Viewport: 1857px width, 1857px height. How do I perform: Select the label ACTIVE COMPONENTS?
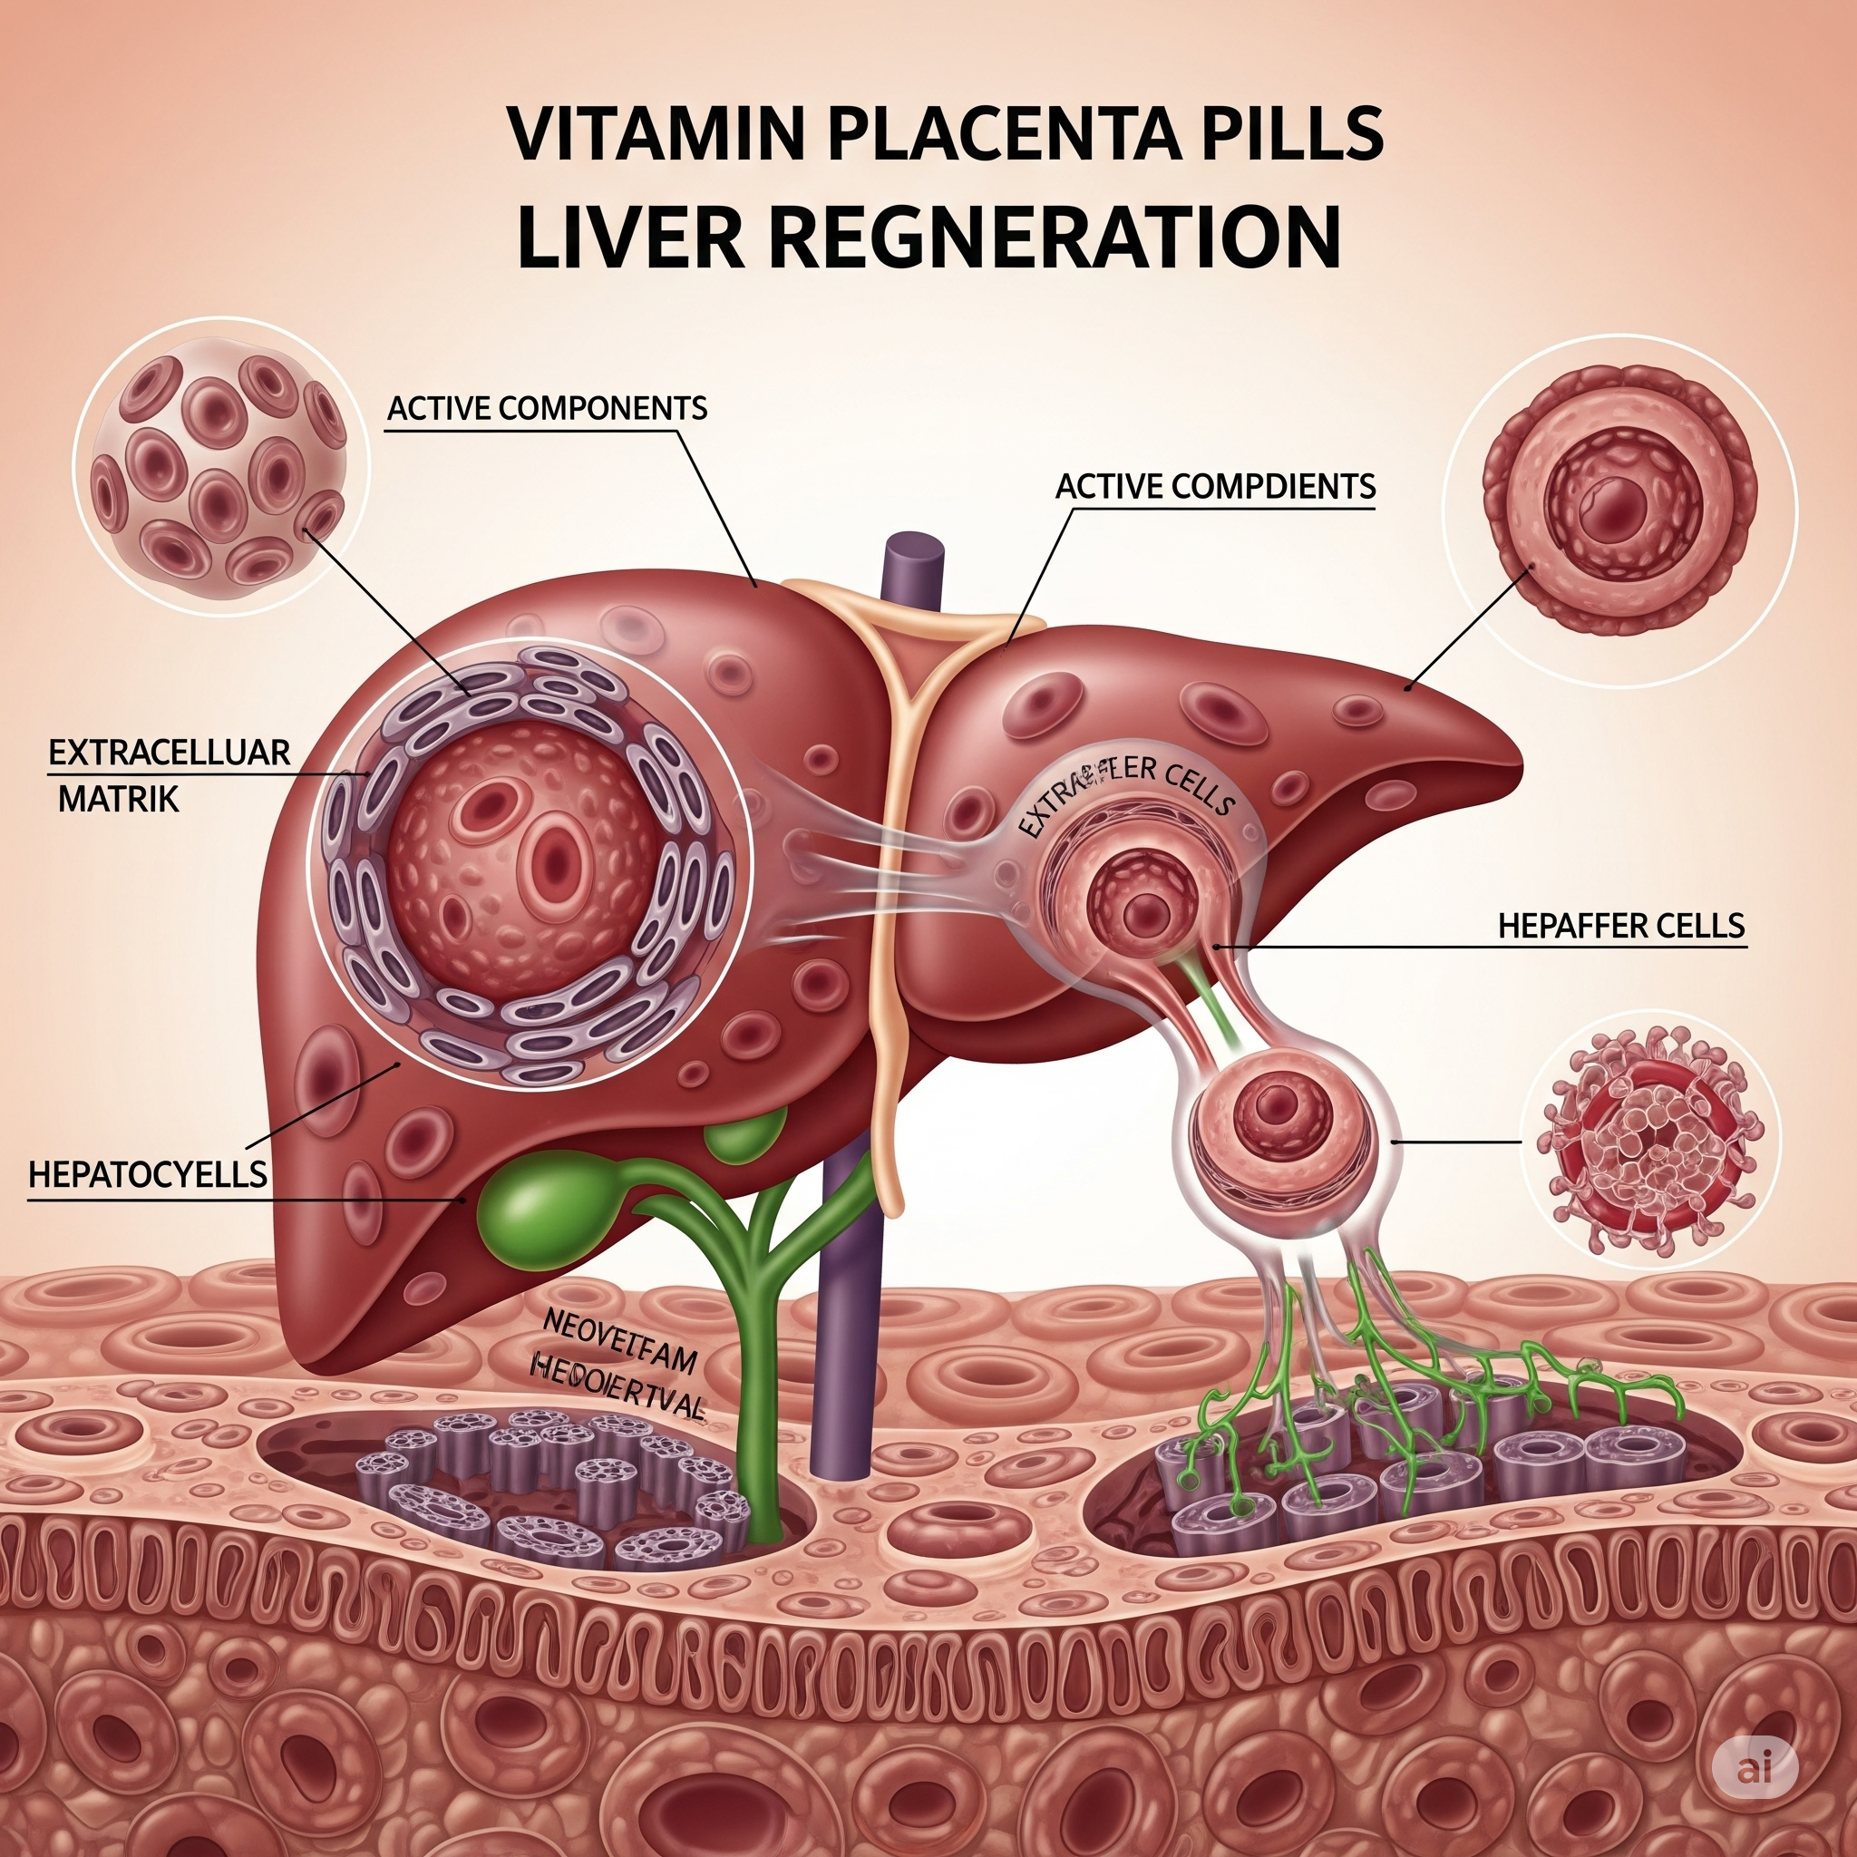547,409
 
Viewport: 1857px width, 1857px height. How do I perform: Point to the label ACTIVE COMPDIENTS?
1215,486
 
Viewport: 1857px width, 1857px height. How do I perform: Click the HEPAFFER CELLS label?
1620,926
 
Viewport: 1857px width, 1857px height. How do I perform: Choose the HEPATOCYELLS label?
148,1173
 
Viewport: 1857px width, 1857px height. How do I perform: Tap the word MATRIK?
118,799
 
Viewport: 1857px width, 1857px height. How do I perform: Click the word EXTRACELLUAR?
170,753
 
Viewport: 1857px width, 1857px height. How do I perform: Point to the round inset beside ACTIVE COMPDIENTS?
1619,510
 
